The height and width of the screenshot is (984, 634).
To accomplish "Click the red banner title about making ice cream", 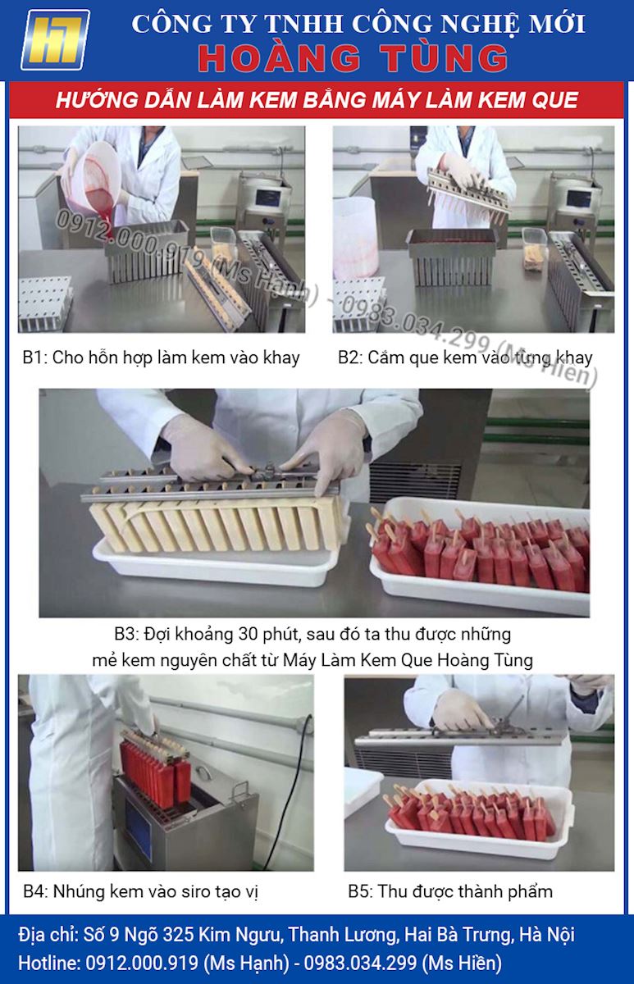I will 317,101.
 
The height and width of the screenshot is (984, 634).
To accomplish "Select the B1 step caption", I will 161,358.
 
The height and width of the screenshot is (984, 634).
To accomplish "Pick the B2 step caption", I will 465,358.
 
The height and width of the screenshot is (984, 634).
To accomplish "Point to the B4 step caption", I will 140,891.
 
